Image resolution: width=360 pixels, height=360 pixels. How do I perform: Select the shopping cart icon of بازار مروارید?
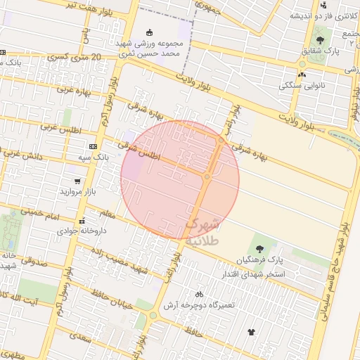[77, 181]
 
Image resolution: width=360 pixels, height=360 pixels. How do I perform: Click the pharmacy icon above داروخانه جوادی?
[82, 219]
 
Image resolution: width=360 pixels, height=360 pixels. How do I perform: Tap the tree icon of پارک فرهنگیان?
[259, 248]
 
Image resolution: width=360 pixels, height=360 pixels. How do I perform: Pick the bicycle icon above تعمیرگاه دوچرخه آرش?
[199, 294]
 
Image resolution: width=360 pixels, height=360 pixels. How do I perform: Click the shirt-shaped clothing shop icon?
[251, 331]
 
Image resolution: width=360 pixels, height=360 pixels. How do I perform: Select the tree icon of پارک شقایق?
[320, 39]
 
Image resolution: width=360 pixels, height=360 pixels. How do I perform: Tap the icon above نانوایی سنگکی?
[302, 73]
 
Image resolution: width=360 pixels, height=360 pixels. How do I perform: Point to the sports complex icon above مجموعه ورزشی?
[148, 32]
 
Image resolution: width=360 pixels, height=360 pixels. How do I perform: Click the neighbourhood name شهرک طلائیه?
[203, 232]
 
